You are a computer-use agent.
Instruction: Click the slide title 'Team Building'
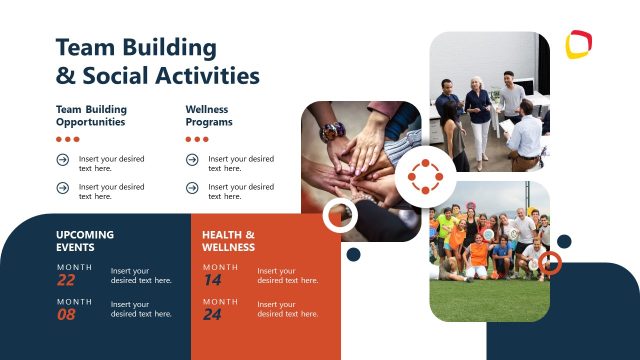tap(136, 47)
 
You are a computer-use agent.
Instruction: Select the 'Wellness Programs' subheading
tap(209, 115)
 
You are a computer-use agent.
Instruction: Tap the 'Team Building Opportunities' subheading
tap(91, 115)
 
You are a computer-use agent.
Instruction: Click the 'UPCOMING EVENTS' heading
tap(85, 240)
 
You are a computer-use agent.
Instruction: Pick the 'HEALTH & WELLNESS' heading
tap(228, 240)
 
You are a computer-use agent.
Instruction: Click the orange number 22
tap(66, 281)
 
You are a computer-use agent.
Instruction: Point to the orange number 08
tap(66, 315)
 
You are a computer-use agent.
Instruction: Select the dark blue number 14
tap(212, 281)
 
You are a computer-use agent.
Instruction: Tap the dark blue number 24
tap(212, 315)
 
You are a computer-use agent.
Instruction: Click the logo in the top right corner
tap(578, 45)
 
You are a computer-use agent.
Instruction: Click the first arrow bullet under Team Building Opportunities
tap(63, 159)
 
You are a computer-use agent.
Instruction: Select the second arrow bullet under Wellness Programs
tap(192, 187)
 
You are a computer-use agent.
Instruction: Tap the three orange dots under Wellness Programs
tap(197, 139)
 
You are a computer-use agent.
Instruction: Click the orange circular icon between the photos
tap(425, 177)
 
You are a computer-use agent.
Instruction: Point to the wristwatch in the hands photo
tap(331, 131)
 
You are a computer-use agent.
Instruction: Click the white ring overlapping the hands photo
tap(340, 214)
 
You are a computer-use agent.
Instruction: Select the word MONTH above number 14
tap(220, 267)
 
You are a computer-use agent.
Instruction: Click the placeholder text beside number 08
tap(141, 309)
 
